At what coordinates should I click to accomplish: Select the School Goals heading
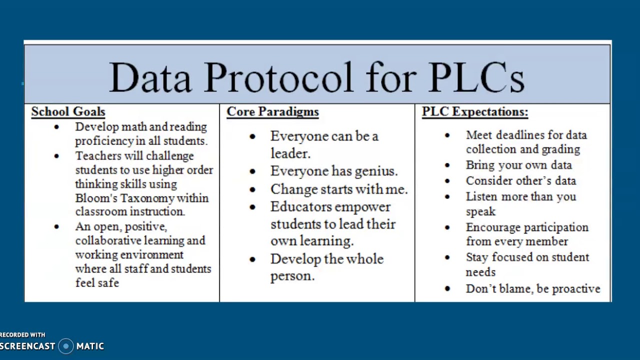(68, 111)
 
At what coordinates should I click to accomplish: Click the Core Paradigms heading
(272, 111)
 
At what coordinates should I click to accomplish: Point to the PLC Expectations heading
(474, 111)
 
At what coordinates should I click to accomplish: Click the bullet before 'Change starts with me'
(252, 190)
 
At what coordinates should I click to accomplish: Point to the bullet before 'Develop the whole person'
(252, 259)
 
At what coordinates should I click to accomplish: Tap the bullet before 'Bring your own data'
(447, 165)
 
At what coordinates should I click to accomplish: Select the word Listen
(481, 196)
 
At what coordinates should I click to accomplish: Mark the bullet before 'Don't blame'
(447, 289)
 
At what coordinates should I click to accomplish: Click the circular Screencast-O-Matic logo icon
(65, 346)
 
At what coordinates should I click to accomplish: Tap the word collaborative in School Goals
(107, 240)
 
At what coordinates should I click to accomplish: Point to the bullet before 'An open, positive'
(56, 227)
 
